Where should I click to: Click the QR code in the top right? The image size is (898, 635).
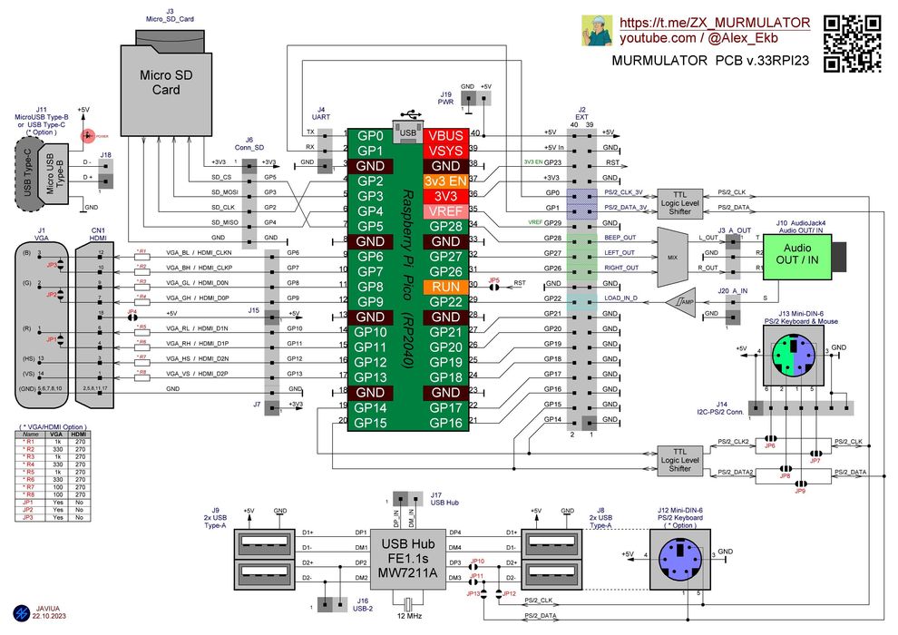click(x=852, y=43)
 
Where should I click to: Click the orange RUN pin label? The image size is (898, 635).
click(x=446, y=286)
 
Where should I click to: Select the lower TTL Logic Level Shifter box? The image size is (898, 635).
click(x=679, y=460)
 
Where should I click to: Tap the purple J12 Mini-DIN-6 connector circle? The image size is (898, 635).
click(x=679, y=553)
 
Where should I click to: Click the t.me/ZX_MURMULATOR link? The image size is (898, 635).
click(x=715, y=22)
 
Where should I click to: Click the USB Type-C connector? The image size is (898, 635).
click(x=27, y=175)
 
